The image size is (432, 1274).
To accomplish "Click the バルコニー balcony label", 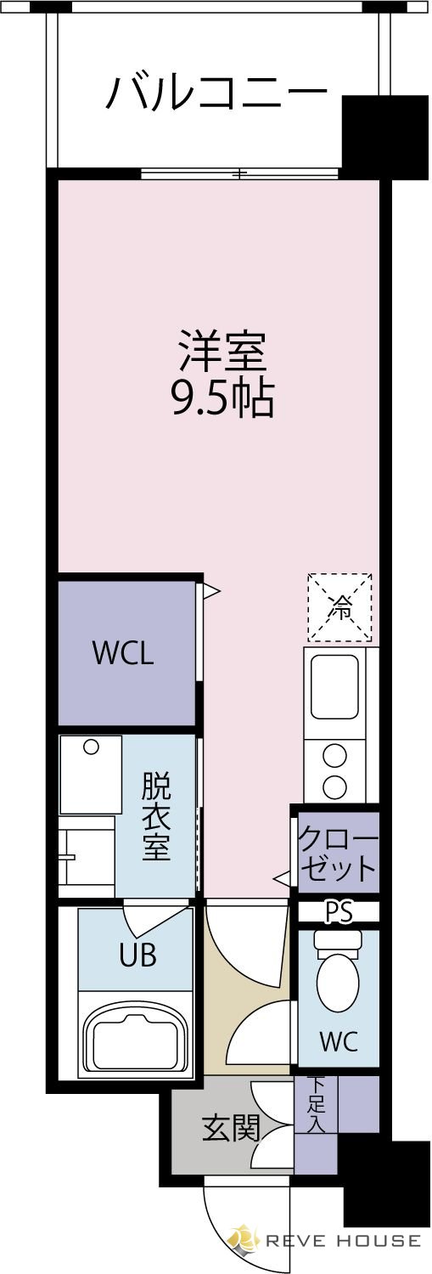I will tap(216, 92).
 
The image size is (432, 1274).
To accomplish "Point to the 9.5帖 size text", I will tap(222, 397).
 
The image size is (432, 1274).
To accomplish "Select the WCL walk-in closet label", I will tap(123, 653).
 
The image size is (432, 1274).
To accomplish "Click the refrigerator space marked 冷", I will tap(339, 607).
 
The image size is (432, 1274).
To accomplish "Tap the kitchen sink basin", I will tap(334, 687).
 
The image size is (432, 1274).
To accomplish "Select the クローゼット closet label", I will tap(337, 854).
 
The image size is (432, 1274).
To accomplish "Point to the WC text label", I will tap(338, 1041).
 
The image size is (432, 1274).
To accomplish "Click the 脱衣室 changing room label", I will tap(156, 815).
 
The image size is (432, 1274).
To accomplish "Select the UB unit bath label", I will tap(137, 956).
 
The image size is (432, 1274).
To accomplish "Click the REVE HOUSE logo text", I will tap(343, 1241).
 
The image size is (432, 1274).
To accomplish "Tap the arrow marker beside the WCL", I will tap(211, 589).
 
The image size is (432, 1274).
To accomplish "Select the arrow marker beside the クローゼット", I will tap(281, 877).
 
